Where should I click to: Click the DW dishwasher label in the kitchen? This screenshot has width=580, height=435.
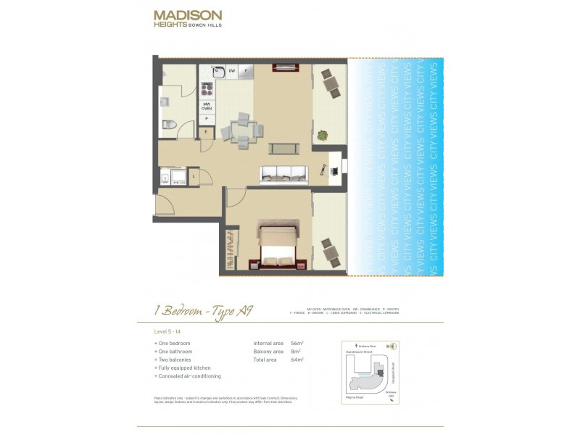232,70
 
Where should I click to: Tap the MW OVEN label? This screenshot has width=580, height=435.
207,106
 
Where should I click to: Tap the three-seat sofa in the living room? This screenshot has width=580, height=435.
283,174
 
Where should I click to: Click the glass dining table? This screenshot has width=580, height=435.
240,130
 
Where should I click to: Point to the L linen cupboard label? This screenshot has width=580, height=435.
194,175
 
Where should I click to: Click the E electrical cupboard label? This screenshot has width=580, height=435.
207,132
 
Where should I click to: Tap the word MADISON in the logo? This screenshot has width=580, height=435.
188,14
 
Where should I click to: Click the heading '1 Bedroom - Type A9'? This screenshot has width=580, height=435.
202,311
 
